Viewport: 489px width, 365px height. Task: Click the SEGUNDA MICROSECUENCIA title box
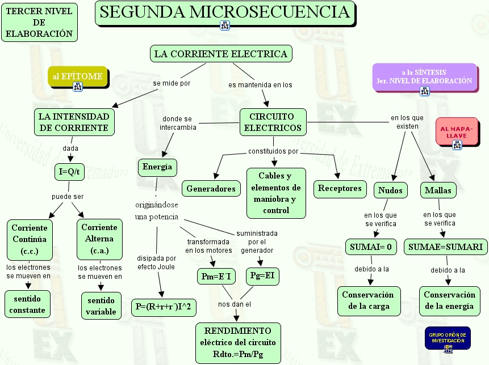click(224, 12)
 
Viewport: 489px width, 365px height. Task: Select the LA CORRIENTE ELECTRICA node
click(221, 54)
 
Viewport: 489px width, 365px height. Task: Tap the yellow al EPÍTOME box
click(77, 76)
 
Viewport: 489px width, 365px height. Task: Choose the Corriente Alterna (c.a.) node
click(99, 239)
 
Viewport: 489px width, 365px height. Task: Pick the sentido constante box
click(27, 304)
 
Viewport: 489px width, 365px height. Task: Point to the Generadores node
click(211, 188)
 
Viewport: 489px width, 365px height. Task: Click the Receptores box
click(340, 188)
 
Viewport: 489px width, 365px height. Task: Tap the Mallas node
click(438, 190)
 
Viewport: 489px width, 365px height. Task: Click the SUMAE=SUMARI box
click(445, 247)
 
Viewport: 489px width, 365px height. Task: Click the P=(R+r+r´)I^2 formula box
click(164, 307)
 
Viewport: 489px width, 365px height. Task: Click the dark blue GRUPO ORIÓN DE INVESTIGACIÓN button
click(448, 338)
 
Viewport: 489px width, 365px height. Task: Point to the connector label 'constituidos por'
click(273, 151)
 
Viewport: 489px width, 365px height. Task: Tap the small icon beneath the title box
click(225, 26)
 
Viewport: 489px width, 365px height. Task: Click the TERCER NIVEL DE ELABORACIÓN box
click(39, 23)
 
